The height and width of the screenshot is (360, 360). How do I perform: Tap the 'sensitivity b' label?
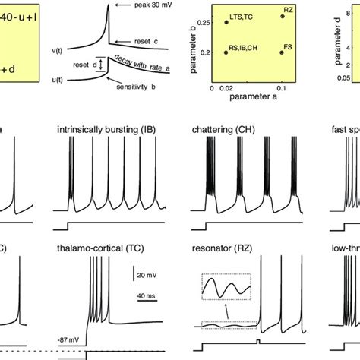(138, 88)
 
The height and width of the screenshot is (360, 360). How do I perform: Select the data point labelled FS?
(282, 54)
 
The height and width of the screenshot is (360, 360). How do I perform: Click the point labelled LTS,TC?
(226, 22)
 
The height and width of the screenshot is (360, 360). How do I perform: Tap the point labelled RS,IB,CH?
(226, 54)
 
